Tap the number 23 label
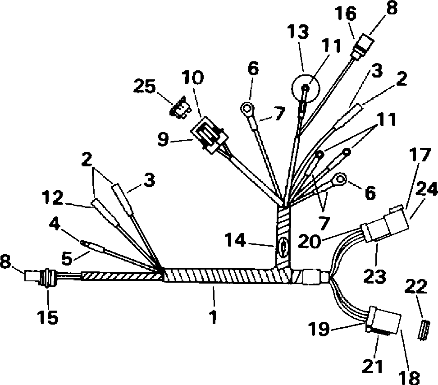[374, 276]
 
